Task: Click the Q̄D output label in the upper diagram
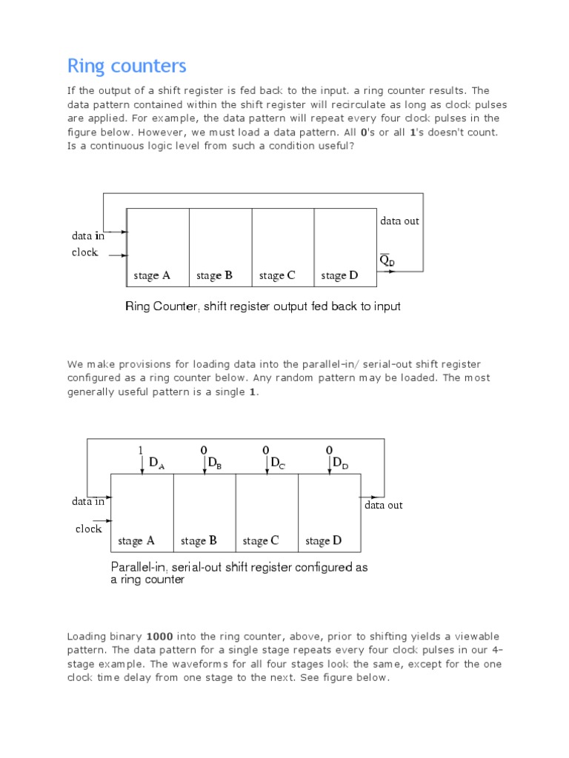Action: [387, 261]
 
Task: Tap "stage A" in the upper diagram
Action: [152, 276]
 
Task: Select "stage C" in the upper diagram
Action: [277, 276]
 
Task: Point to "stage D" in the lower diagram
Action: [324, 541]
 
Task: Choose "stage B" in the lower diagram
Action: [199, 541]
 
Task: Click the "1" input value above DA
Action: [140, 449]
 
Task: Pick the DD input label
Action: [340, 463]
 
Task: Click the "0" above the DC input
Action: [267, 449]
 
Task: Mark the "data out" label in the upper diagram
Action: [400, 221]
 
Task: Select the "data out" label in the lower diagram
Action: [384, 505]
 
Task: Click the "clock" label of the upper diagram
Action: [85, 252]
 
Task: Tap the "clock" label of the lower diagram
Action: [89, 529]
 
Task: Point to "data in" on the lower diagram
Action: [88, 501]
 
